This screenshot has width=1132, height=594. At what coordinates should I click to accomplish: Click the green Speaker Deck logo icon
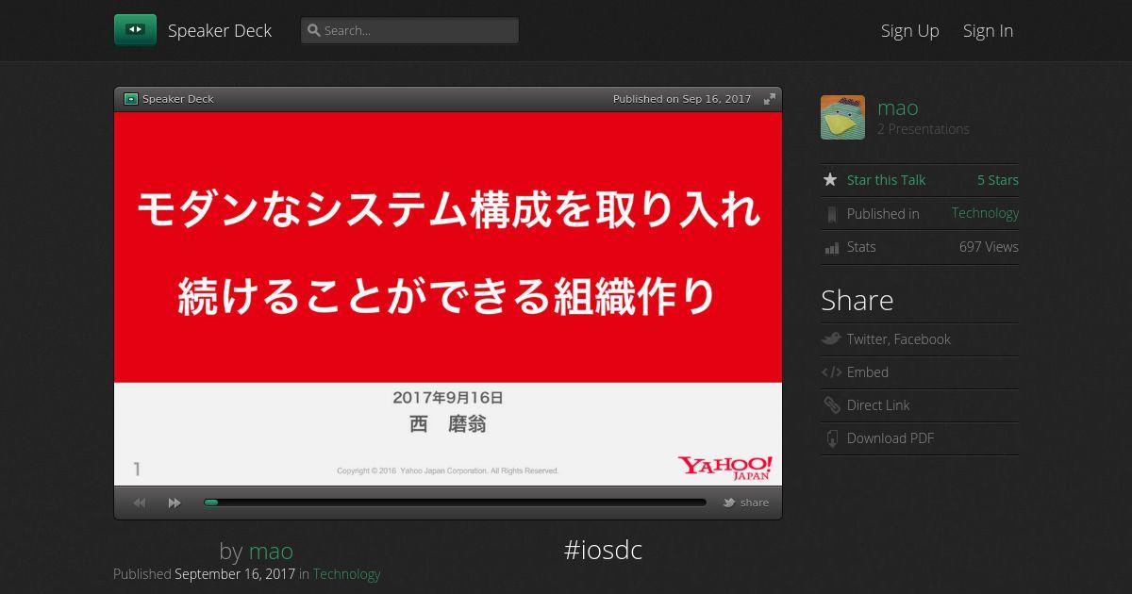135,30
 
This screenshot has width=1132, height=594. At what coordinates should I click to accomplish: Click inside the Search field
409,30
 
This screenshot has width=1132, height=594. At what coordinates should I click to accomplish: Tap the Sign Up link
909,31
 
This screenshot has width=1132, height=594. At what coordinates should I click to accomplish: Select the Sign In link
988,31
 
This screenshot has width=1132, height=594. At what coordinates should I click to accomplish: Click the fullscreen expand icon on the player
769,99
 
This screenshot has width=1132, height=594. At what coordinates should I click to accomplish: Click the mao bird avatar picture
842,117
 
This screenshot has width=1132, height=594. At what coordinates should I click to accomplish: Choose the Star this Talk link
886,180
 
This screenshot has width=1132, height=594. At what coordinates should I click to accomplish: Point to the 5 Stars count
998,180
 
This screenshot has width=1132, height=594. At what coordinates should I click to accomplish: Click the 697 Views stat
989,247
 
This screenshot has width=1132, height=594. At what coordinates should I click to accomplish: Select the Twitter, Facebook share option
898,338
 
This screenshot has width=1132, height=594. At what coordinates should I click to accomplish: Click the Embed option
867,372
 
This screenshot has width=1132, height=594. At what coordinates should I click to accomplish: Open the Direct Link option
878,405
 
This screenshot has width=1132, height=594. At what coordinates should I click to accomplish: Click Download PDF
890,437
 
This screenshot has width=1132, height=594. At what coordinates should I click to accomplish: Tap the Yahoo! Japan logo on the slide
725,468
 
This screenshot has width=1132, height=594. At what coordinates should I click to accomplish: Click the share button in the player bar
746,503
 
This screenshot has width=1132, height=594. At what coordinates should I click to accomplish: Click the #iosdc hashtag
603,550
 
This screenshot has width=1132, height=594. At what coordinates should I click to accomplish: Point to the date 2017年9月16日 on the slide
448,398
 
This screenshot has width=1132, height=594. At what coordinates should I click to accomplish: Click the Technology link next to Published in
985,214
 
